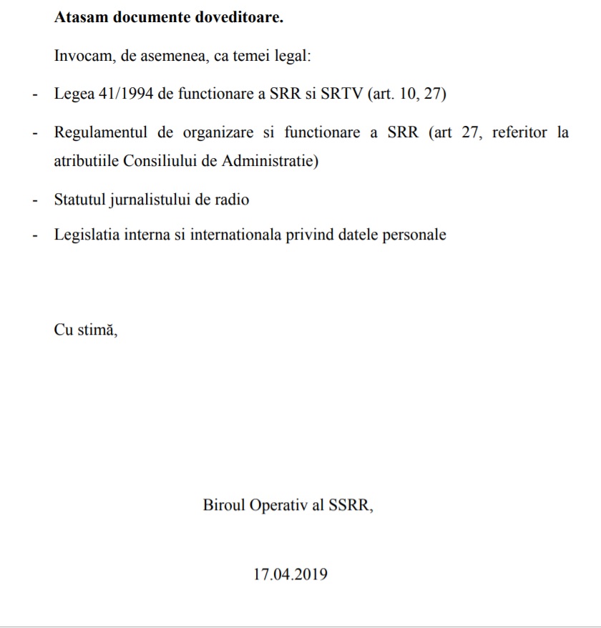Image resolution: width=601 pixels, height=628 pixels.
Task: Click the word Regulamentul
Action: coord(101,132)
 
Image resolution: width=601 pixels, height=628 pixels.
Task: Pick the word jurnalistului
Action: coord(151,200)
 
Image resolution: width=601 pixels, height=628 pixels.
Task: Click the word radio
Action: coord(231,200)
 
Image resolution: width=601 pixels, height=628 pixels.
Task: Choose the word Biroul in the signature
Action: coord(224,506)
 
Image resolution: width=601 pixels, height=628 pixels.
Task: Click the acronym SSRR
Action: coord(351,506)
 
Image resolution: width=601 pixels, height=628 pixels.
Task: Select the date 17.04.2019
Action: coord(290,574)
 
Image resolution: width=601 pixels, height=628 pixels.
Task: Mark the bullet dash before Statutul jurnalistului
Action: coord(34,200)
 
